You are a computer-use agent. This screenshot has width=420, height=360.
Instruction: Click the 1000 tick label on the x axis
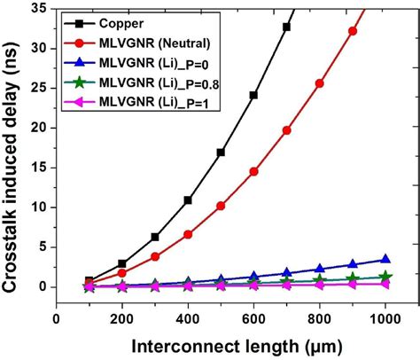(385, 318)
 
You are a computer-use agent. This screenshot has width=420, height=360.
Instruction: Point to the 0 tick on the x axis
(57, 318)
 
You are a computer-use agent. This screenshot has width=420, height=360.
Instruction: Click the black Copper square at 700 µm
(286, 27)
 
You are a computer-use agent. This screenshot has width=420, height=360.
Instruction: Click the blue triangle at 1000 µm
(385, 260)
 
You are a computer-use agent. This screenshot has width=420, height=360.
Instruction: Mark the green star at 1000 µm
(385, 277)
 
